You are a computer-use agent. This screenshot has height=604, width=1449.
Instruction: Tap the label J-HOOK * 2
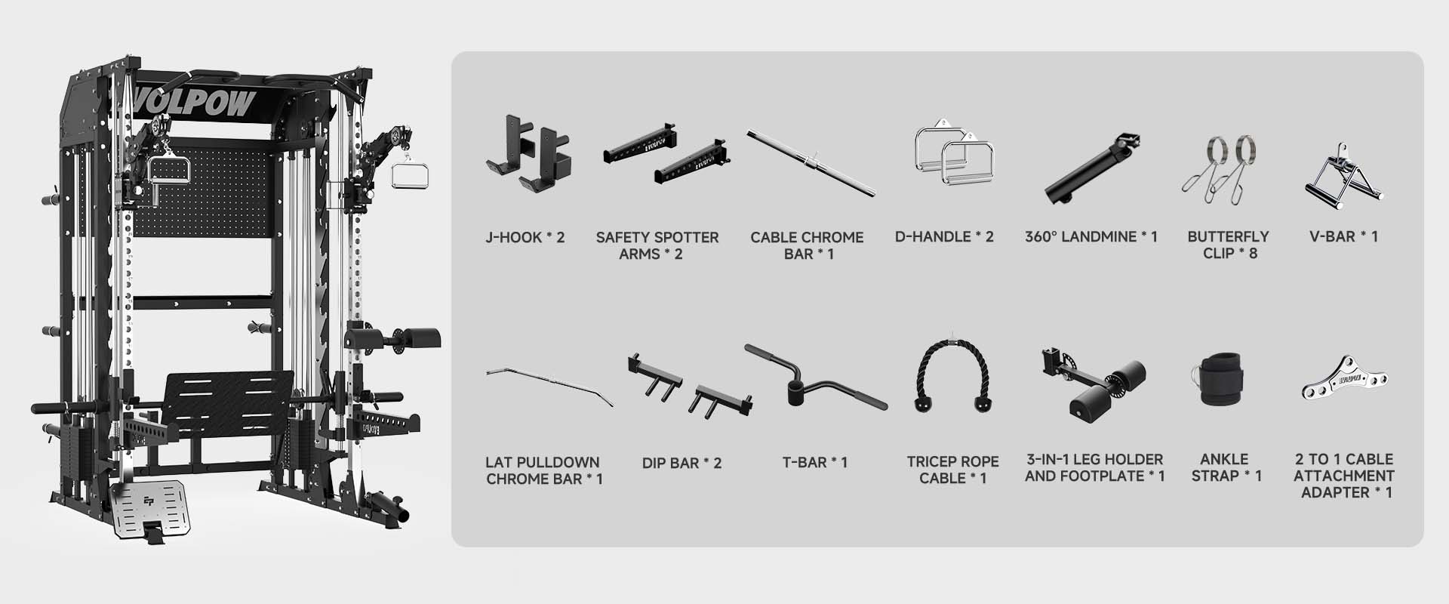[x=525, y=237]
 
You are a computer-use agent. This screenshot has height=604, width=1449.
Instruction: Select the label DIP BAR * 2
[x=681, y=463]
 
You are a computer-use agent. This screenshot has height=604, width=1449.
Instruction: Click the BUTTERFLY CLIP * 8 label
[x=1228, y=245]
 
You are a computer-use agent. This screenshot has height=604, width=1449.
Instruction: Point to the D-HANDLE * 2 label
[x=944, y=236]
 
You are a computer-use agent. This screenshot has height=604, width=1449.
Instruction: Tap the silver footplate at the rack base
[x=149, y=507]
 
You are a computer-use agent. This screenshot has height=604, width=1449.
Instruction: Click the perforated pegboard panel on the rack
[x=202, y=193]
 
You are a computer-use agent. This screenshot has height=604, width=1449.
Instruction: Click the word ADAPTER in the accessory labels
[x=1334, y=492]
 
